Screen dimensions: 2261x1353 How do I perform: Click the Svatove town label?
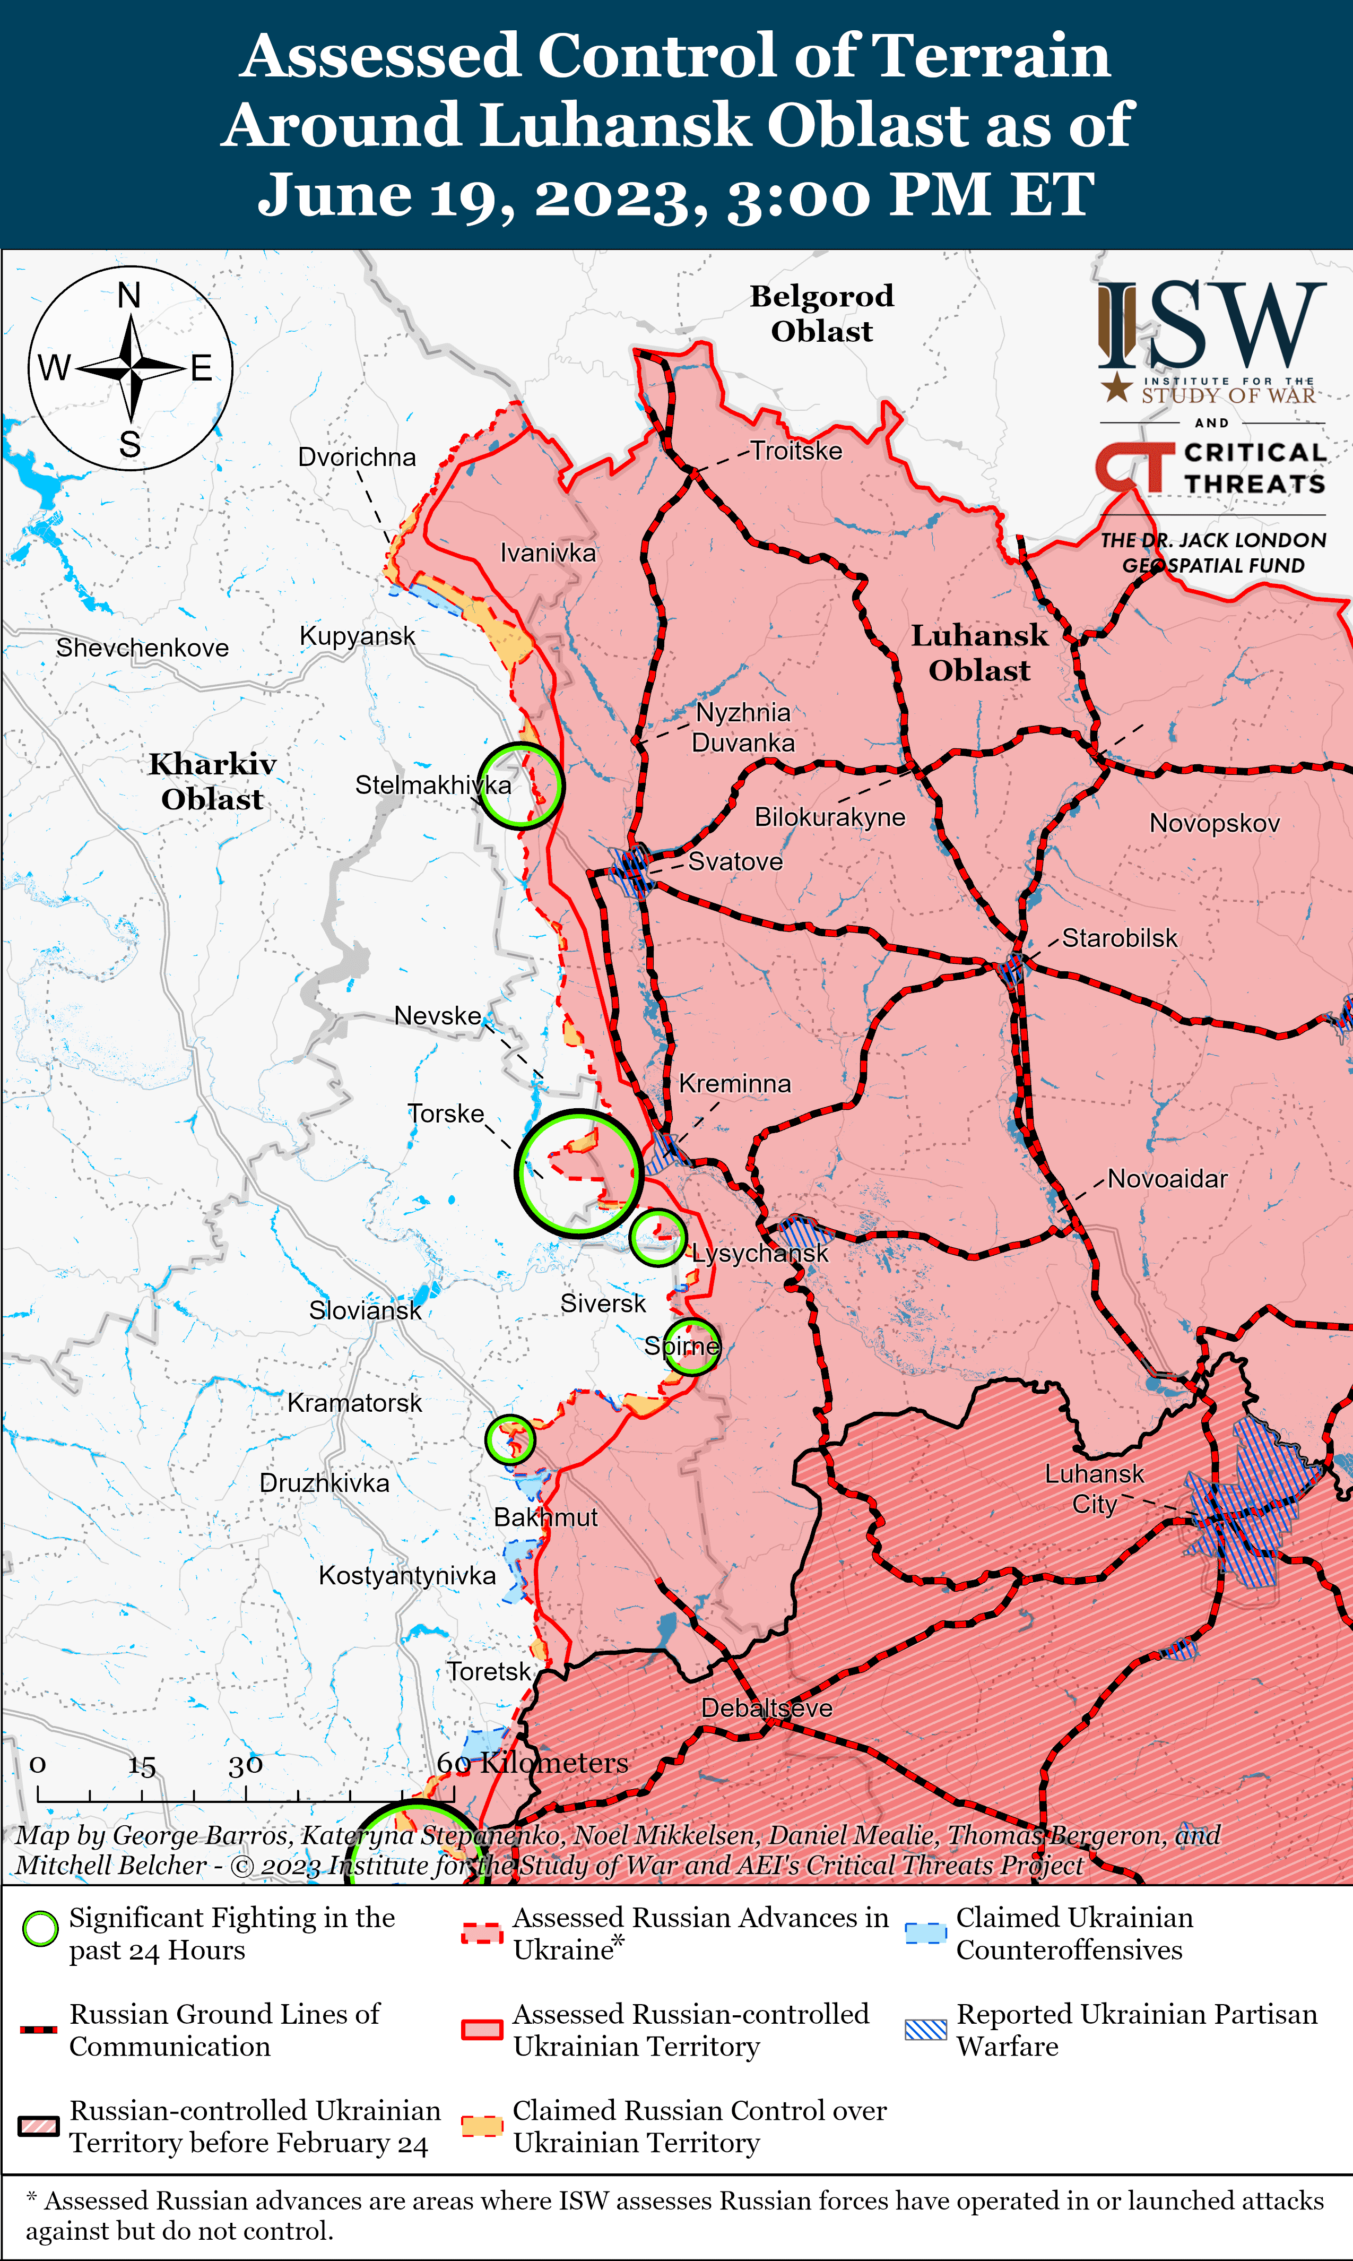735,862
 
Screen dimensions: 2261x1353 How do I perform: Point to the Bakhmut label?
545,1517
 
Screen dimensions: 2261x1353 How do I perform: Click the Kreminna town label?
735,1084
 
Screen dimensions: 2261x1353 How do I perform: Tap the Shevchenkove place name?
142,649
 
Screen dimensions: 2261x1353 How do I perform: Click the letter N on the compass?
129,296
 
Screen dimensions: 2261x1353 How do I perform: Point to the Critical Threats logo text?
1254,468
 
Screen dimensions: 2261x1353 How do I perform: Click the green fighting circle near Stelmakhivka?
521,786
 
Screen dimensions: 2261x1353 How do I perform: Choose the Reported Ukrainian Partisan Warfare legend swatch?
925,2030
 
